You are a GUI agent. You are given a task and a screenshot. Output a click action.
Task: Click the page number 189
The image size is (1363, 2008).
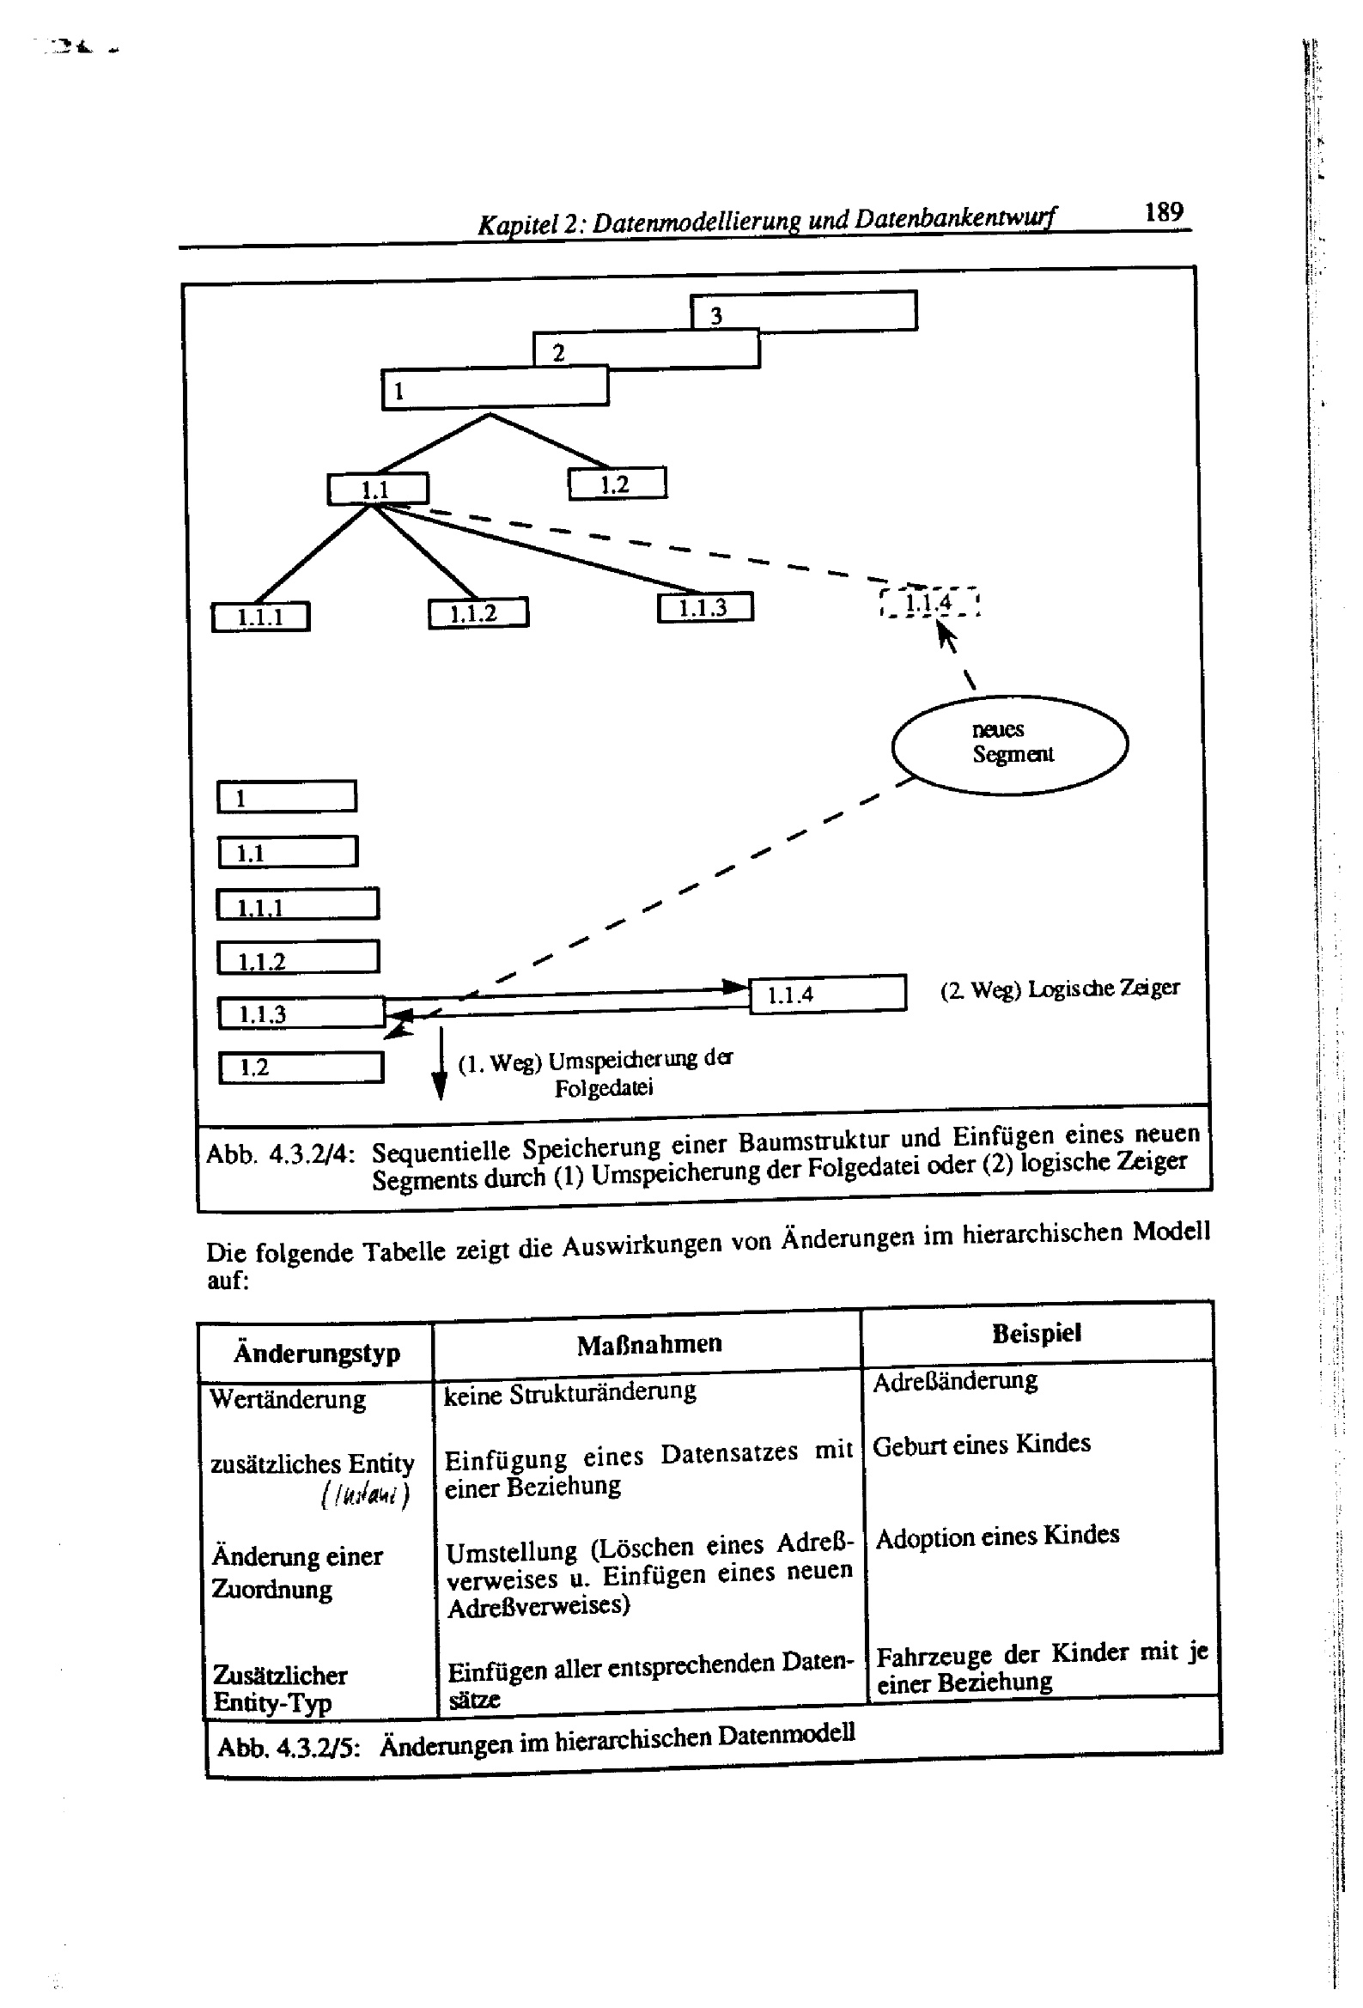pos(1164,211)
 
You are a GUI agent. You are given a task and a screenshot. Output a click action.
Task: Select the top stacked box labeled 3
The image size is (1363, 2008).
pos(803,311)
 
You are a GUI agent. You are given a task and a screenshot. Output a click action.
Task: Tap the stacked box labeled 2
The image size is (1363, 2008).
pos(646,350)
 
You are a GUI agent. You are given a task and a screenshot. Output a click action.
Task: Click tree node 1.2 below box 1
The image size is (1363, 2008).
pos(618,484)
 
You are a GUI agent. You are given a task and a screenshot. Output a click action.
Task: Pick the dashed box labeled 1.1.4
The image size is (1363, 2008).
pos(929,602)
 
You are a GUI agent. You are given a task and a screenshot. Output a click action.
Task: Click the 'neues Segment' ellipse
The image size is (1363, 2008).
pos(1009,743)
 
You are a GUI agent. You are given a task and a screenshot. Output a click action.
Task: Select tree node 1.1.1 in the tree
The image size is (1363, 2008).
pos(260,617)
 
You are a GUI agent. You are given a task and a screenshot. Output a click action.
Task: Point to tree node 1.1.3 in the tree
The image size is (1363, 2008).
pos(704,607)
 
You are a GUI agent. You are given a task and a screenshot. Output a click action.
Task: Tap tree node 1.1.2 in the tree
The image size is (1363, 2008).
pos(478,613)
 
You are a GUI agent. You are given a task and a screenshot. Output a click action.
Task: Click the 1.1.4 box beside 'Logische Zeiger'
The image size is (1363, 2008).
pos(826,994)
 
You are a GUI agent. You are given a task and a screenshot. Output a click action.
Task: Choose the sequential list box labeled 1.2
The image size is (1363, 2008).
pos(300,1067)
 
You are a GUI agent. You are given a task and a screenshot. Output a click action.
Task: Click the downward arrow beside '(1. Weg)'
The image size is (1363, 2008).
pos(440,1063)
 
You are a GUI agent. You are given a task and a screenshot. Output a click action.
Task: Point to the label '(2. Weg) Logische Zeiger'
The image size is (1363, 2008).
pos(1060,988)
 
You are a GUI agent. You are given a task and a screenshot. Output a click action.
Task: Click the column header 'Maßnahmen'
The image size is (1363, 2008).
pos(649,1343)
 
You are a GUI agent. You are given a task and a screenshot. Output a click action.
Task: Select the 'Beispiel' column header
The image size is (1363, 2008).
pos(1037,1333)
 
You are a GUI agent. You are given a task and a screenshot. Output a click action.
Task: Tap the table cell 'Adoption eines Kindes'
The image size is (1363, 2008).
pos(997,1536)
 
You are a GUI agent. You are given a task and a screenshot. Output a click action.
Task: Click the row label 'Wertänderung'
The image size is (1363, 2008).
pos(287,1398)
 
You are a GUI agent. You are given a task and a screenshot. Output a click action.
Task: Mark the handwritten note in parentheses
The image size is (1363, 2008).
pos(365,1494)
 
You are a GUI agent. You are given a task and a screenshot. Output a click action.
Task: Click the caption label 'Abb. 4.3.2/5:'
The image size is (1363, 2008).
pos(288,1746)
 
